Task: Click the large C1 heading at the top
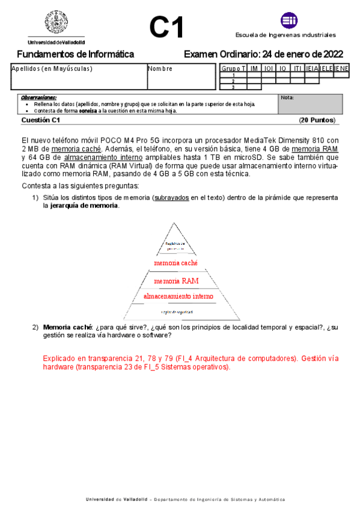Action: point(166,27)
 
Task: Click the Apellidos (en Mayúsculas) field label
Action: point(52,69)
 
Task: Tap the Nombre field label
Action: point(160,69)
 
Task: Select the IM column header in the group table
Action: point(254,69)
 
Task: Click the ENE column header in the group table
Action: point(342,69)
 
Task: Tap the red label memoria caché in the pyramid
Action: point(175,263)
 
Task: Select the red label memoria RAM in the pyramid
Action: point(176,281)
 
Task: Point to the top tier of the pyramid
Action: point(176,241)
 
